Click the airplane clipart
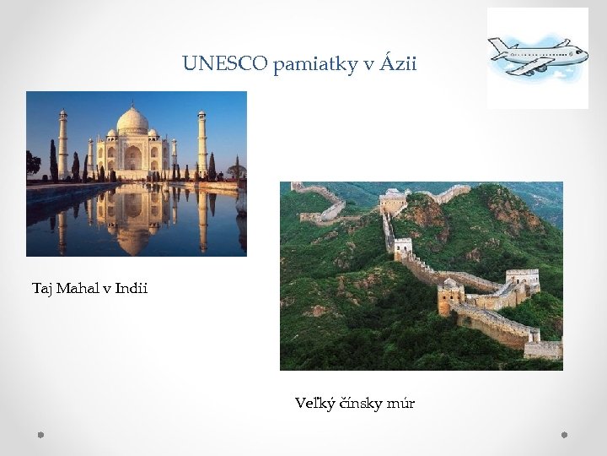[537, 57]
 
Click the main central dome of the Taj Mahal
[132, 121]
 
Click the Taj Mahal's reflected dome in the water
[133, 235]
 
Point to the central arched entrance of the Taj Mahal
[132, 157]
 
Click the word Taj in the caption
[43, 289]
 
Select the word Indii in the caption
[131, 289]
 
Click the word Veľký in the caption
[314, 404]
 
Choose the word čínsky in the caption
[360, 404]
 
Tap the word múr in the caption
[400, 404]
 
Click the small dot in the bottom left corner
[40, 435]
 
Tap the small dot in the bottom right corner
[565, 435]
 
